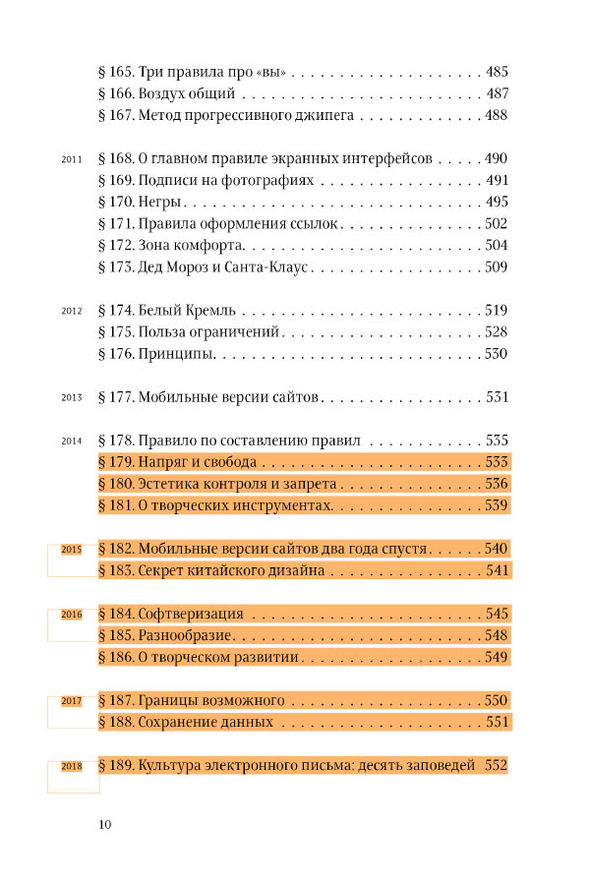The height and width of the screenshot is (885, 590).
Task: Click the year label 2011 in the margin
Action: point(70,159)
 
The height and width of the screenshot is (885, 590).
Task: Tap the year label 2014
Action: point(70,441)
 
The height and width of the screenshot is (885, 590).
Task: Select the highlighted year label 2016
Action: point(71,615)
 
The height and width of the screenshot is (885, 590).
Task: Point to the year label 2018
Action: point(71,766)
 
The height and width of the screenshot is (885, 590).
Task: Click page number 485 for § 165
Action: point(496,73)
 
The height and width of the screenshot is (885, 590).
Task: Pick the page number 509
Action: point(496,267)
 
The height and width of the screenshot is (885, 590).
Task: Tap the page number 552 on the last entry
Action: point(496,765)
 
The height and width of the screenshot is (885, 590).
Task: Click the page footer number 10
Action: point(106,823)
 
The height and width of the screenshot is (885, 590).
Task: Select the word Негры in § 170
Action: point(158,203)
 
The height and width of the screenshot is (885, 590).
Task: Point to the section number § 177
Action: point(116,397)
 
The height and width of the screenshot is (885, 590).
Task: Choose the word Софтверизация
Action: point(191,614)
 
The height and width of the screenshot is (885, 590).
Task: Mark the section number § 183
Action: point(116,570)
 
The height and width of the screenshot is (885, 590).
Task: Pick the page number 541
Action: point(496,570)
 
